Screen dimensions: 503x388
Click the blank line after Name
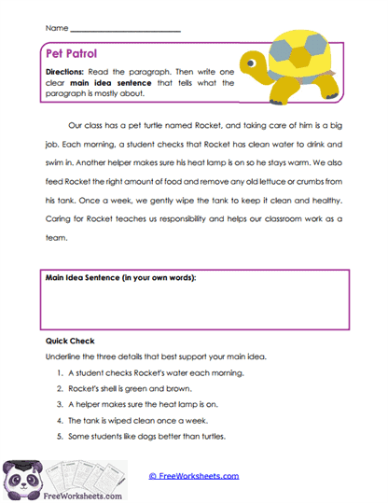(125, 30)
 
